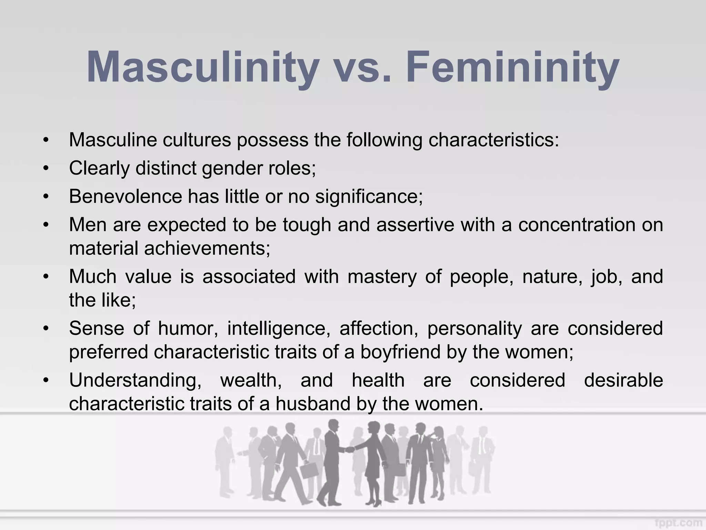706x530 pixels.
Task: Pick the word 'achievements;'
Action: [x=207, y=248]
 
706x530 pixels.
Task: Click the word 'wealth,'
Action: [x=251, y=380]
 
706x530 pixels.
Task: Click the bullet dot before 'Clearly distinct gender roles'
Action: [x=46, y=169]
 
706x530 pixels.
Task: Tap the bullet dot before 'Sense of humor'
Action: [x=46, y=329]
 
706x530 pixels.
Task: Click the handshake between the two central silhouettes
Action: [x=350, y=450]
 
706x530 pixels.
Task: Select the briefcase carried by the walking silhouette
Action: [x=309, y=470]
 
